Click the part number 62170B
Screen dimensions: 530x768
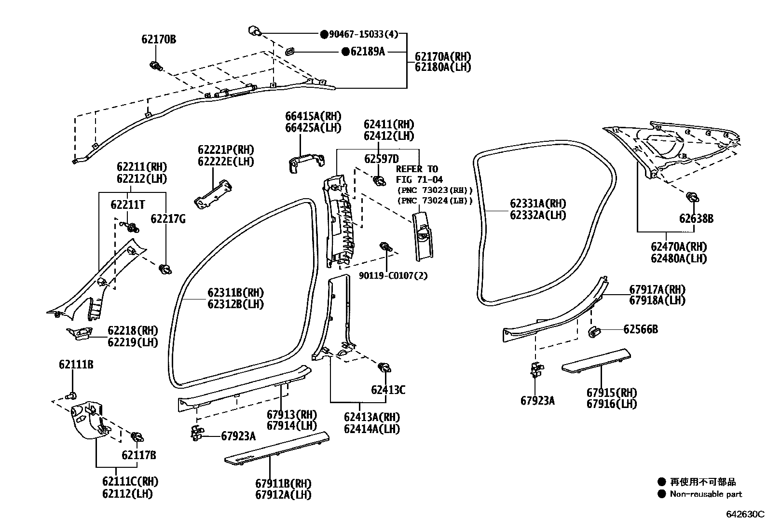[159, 40]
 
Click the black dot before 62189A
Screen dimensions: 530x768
[345, 52]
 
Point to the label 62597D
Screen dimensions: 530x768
[381, 159]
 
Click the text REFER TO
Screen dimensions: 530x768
[417, 169]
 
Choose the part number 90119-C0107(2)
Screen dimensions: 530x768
[393, 276]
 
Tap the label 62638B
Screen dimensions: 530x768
[696, 218]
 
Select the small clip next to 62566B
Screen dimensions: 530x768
[593, 331]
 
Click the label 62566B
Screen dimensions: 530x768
[640, 329]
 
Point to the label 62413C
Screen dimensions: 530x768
[388, 390]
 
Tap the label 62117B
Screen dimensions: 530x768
[138, 455]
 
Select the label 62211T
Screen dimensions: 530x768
[127, 204]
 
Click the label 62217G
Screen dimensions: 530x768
[167, 219]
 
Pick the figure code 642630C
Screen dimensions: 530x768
[745, 514]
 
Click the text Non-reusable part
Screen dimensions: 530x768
[705, 494]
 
